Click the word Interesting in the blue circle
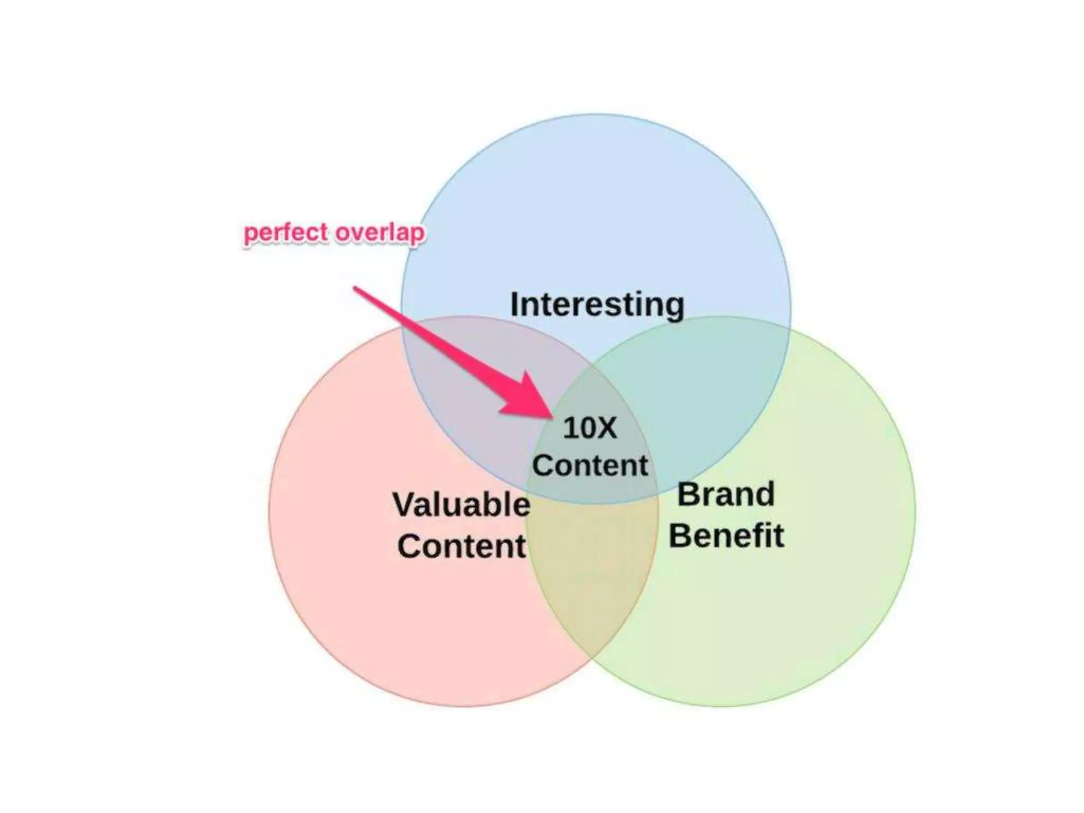click(597, 305)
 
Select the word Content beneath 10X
click(590, 466)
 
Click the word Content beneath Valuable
click(462, 546)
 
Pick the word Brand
click(726, 494)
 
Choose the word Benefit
click(726, 536)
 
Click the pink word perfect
click(286, 233)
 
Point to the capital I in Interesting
click(514, 305)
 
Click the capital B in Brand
click(688, 494)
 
